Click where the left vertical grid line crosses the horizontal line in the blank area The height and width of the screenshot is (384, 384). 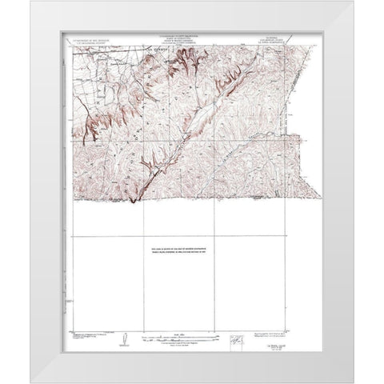[142, 237]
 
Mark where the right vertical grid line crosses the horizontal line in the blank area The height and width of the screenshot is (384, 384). [216, 237]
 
